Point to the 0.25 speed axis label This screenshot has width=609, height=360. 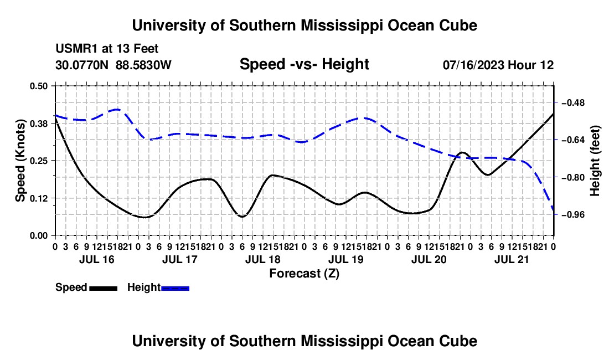point(38,161)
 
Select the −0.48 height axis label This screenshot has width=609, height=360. point(573,102)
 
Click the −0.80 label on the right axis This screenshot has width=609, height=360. point(573,177)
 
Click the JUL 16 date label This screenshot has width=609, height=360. point(97,259)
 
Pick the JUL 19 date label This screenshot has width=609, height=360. point(345,259)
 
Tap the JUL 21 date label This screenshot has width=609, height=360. point(512,259)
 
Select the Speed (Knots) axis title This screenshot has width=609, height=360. point(20,161)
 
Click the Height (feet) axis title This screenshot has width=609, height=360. point(595,161)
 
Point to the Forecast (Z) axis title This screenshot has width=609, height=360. point(304,274)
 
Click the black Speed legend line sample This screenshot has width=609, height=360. point(104,288)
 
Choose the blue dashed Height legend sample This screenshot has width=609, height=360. point(175,288)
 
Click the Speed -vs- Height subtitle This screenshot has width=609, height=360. point(304,64)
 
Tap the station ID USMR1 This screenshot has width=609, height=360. point(76,49)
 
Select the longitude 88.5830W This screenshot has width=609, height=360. point(143,65)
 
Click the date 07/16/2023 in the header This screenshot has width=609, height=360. point(473,65)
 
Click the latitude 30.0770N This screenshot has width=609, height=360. point(82,65)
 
